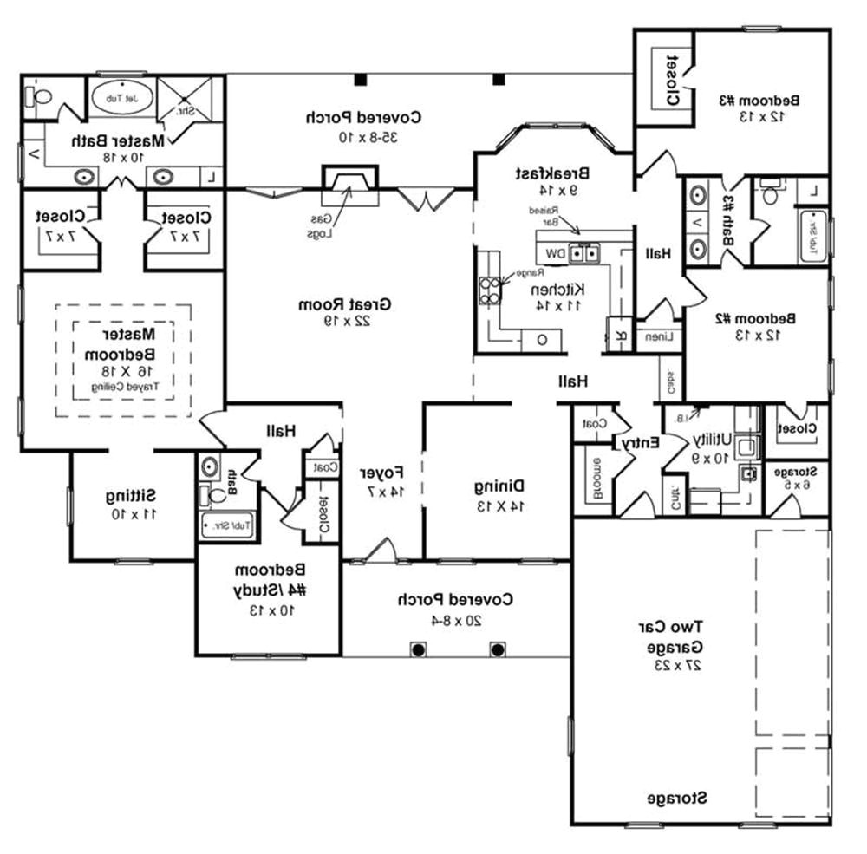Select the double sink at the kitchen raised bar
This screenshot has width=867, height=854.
tap(587, 254)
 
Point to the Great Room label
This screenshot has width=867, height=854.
tap(345, 305)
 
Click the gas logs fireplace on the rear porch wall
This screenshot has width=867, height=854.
tap(350, 184)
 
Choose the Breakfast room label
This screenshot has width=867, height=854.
tap(553, 173)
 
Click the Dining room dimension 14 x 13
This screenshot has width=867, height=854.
tap(500, 504)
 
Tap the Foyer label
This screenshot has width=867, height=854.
tap(382, 473)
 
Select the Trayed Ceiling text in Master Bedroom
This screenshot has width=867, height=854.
tap(126, 387)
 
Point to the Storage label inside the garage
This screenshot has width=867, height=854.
tap(677, 797)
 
